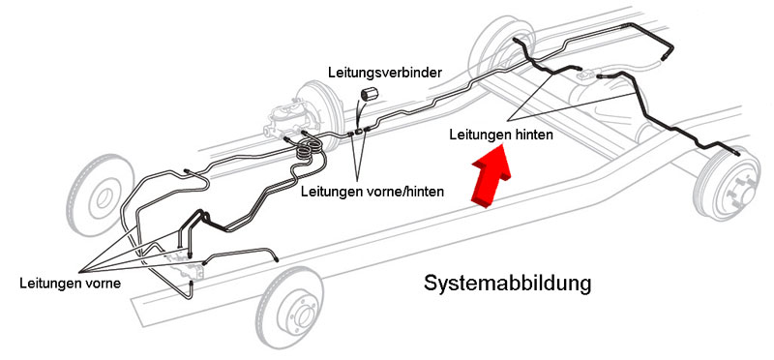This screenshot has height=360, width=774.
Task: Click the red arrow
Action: (491, 179)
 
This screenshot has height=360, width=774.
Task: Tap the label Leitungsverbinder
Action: (385, 74)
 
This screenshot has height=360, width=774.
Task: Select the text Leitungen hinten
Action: (501, 135)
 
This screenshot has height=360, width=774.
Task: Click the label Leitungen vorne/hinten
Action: (372, 191)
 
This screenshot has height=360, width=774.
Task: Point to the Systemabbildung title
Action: (507, 284)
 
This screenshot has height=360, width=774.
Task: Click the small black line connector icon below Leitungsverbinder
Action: (371, 93)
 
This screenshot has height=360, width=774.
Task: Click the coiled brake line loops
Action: (309, 150)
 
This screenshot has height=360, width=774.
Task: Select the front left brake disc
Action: (101, 195)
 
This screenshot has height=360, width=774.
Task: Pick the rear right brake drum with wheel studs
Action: (728, 184)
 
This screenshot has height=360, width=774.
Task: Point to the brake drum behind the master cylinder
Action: (320, 114)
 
